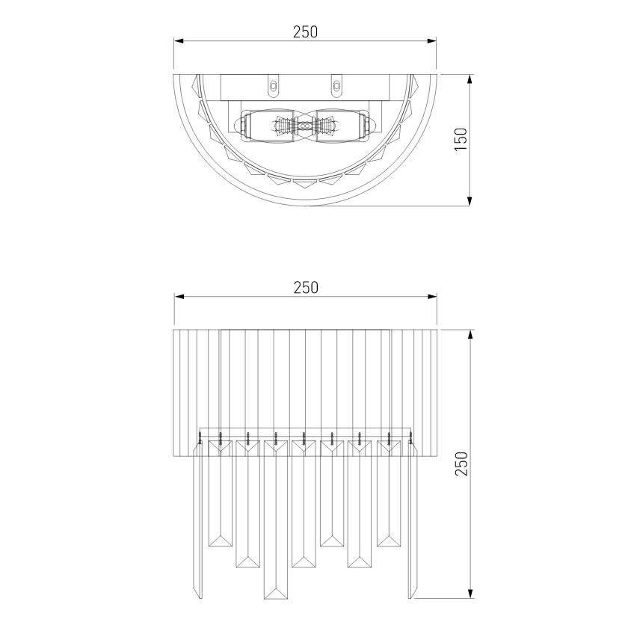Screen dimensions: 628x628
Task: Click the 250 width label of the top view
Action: tap(305, 32)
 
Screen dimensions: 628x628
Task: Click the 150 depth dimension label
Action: tap(461, 139)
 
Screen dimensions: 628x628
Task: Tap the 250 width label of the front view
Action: tap(306, 288)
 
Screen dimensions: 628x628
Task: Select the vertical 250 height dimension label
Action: tap(461, 464)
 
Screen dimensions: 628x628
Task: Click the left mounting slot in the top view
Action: tap(274, 86)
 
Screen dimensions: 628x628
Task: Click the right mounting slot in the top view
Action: tap(336, 86)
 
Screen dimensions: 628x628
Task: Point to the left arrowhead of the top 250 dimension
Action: tap(178, 41)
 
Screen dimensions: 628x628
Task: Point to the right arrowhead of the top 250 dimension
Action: tap(432, 41)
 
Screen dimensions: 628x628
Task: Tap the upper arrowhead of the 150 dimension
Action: tap(470, 79)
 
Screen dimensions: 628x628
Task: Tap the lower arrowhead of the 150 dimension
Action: tap(470, 201)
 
